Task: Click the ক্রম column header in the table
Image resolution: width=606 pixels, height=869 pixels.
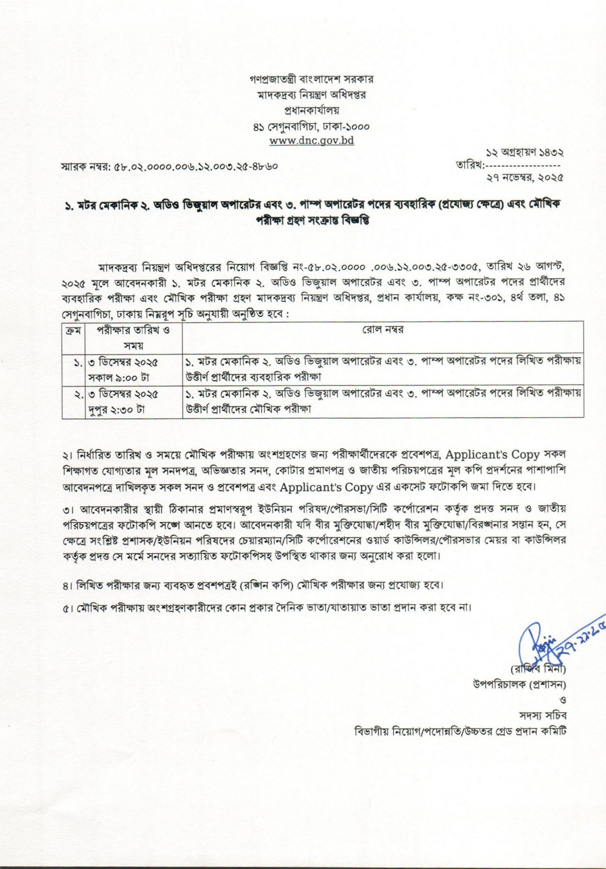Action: (x=73, y=330)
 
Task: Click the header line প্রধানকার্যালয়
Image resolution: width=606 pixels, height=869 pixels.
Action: (x=311, y=111)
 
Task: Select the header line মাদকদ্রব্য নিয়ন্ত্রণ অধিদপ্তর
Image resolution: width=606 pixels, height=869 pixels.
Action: (x=311, y=95)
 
